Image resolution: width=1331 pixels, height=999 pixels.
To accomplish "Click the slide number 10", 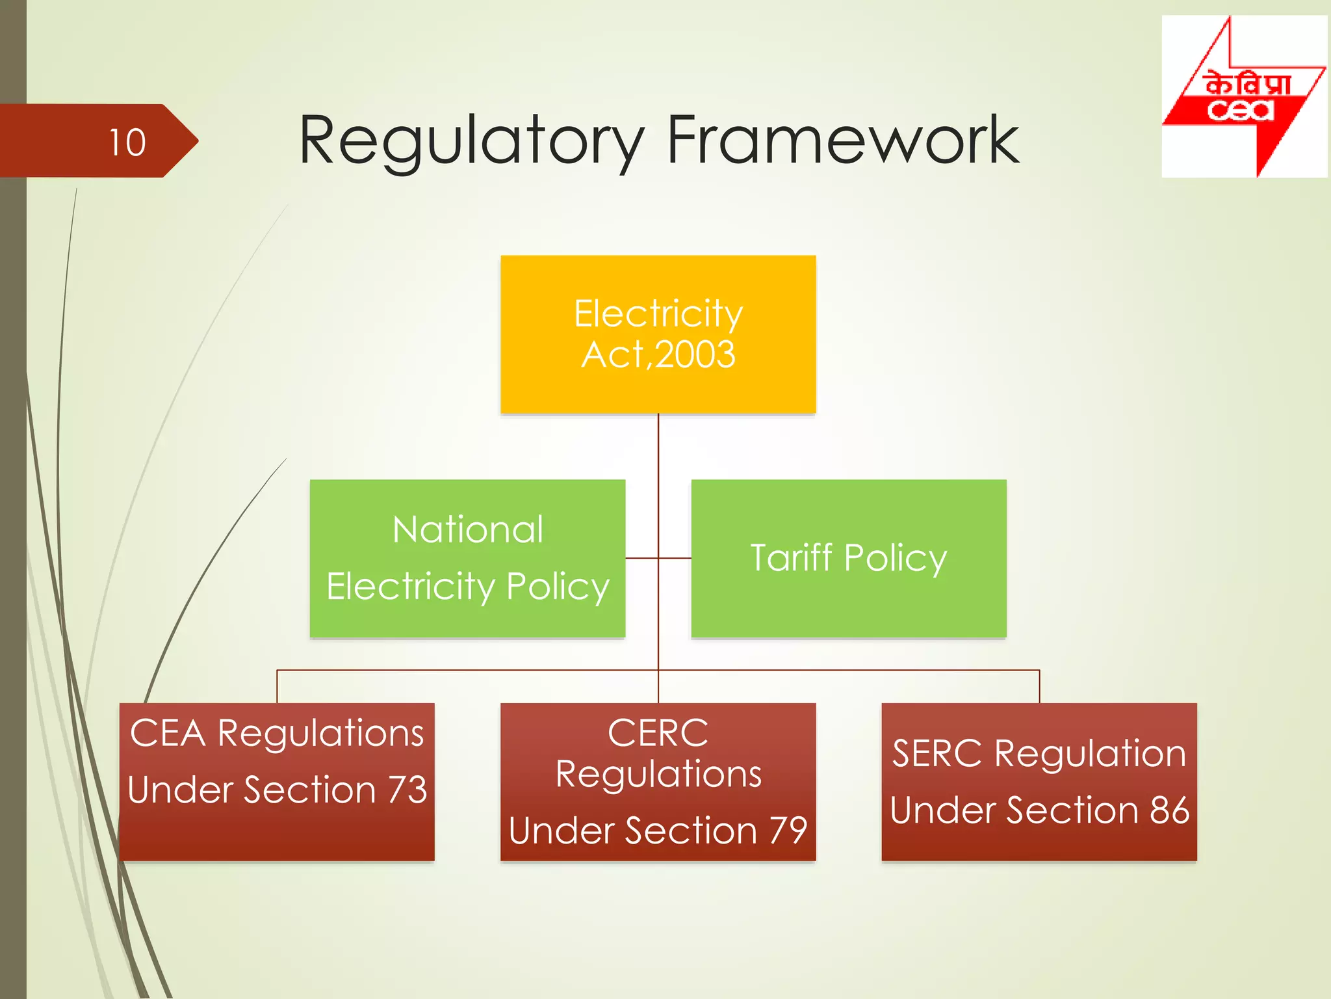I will point(127,142).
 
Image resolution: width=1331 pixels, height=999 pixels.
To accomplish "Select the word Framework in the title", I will point(842,140).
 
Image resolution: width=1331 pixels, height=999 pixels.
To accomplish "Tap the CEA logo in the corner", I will point(1243,97).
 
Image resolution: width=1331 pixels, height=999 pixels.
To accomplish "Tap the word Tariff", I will point(791,558).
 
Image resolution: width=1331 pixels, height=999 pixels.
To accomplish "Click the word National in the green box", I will point(468,529).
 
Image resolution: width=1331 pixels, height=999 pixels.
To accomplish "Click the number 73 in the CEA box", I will point(407,790).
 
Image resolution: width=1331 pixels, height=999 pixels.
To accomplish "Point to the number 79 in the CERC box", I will point(788,831).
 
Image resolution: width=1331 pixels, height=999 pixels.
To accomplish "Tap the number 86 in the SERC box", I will point(1169,810).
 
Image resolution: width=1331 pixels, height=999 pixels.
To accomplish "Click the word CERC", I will point(658,733).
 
